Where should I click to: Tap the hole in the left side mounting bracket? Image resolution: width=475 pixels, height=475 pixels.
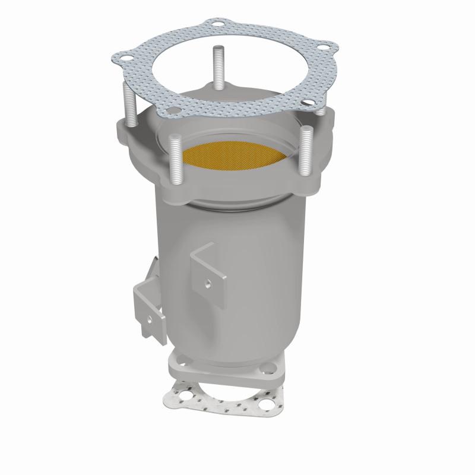(x=148, y=318)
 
